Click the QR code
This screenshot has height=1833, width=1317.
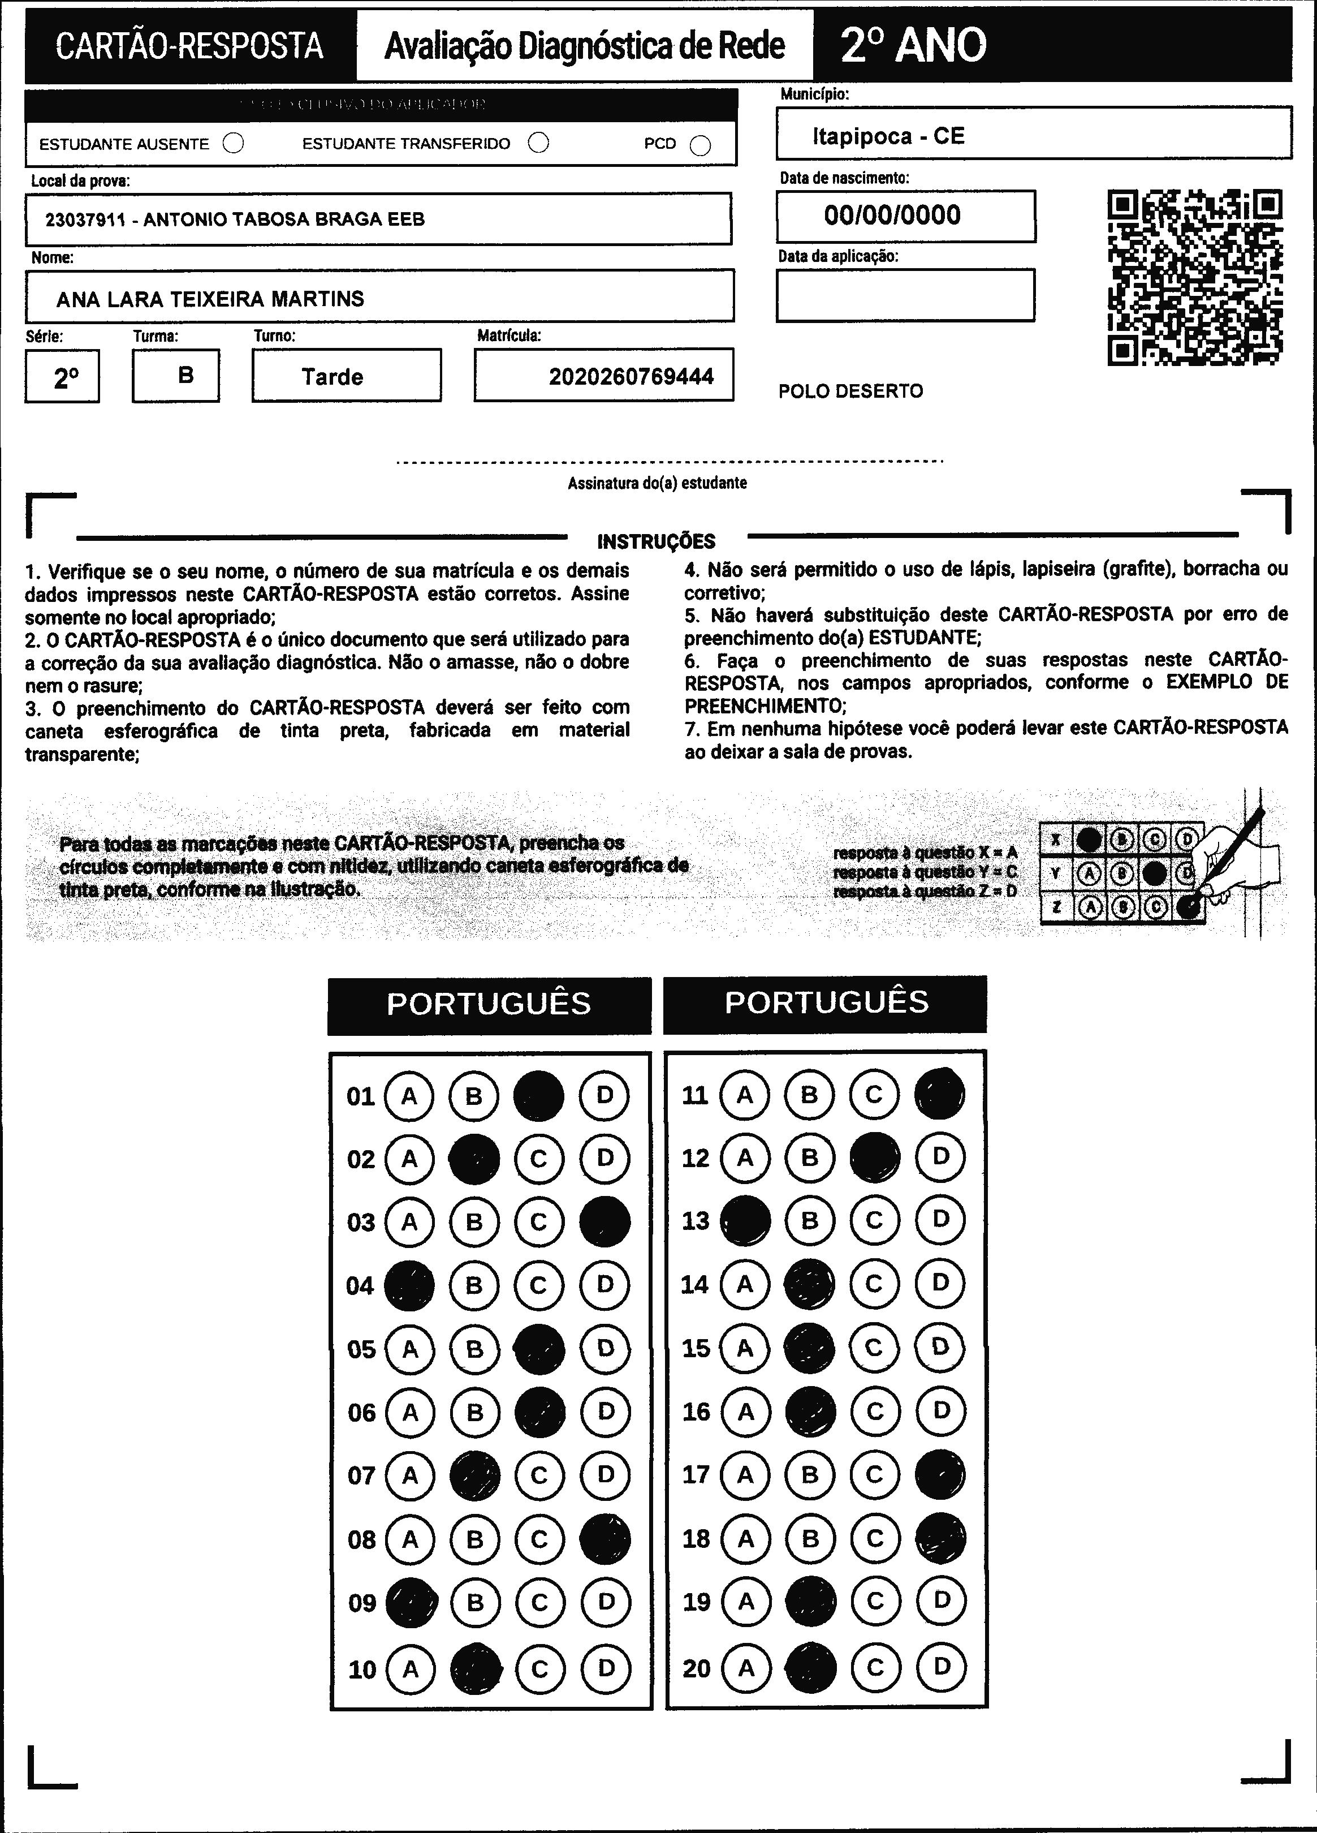coord(1194,277)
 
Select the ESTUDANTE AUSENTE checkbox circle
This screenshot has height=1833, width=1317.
coord(234,144)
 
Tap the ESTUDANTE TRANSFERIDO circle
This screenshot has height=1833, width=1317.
coord(538,143)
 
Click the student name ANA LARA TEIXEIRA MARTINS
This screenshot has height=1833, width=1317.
coord(210,299)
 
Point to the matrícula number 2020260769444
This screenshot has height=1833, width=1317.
coord(631,377)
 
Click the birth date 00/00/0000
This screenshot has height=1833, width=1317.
coord(892,215)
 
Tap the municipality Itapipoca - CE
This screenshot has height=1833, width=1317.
coord(888,136)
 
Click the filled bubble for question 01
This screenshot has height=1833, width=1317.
coord(539,1096)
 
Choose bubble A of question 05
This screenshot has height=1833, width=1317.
coord(409,1349)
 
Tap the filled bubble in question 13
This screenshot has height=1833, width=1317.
coord(745,1220)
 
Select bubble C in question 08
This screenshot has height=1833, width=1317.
coord(539,1539)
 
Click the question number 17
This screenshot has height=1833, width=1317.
coord(696,1475)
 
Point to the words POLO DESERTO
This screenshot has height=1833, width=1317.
coord(850,391)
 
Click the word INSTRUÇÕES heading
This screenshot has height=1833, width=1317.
coord(656,541)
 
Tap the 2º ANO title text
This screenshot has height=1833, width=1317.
coord(913,45)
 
